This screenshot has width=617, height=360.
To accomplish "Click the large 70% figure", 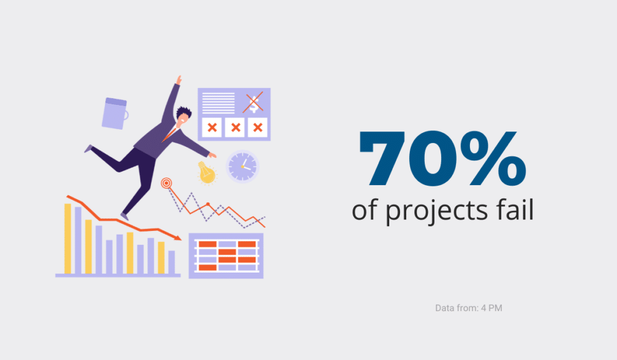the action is point(442,159).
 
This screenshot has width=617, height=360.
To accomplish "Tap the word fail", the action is point(515,209).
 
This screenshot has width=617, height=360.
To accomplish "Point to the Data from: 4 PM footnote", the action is point(469,308).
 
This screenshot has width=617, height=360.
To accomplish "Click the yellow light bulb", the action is point(207,172).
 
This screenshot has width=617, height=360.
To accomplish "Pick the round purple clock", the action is point(242,166).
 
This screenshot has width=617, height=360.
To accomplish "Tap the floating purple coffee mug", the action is point(114,113).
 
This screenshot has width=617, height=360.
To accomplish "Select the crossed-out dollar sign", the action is point(253,103).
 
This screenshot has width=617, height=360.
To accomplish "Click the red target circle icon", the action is point(166,183).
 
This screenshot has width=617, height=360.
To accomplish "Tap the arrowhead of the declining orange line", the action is point(178,238).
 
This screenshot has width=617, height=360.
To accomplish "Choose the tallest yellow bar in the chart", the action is point(67,239).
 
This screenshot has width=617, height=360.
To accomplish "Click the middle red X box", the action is point(235,127).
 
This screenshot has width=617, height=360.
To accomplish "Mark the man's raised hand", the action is point(178,80).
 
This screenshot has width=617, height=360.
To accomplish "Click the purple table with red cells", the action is point(226,256).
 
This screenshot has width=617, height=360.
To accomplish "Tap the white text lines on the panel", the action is point(218,103).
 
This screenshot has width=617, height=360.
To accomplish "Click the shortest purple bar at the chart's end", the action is point(172,262).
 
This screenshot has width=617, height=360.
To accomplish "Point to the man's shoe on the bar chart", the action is point(124,216).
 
